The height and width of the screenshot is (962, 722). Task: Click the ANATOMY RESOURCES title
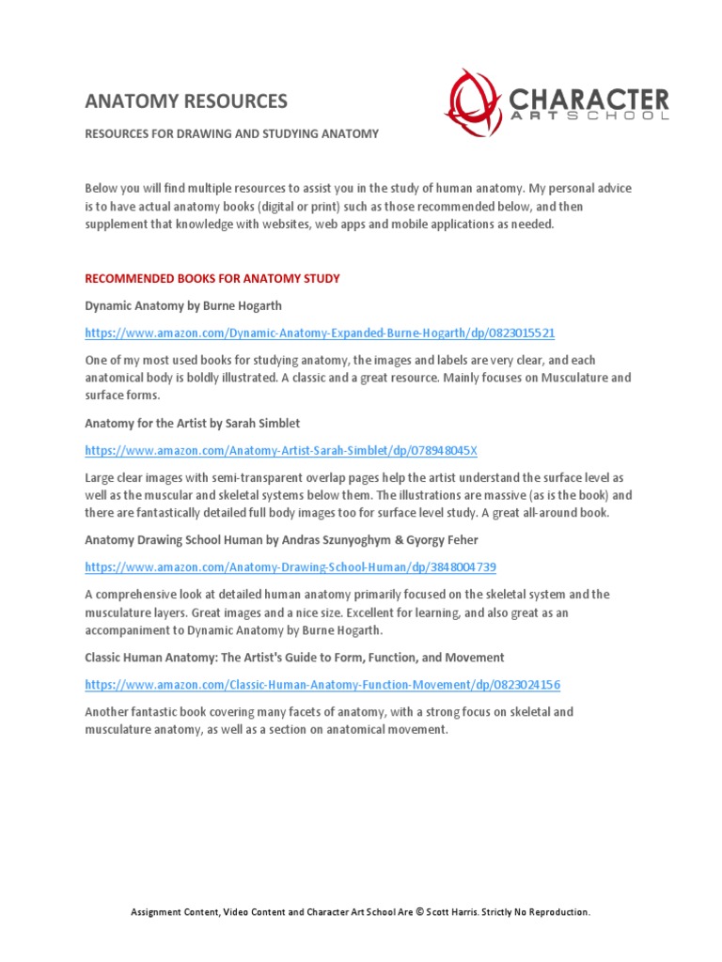pyautogui.click(x=186, y=101)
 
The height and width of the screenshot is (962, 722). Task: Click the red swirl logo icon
pyautogui.click(x=474, y=102)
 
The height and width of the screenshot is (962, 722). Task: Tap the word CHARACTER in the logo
pyautogui.click(x=589, y=98)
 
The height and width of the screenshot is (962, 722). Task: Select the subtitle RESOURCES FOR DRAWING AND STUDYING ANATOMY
pyautogui.click(x=232, y=134)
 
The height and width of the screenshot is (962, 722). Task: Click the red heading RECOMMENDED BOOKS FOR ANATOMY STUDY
pyautogui.click(x=212, y=279)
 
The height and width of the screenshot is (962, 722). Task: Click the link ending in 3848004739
pyautogui.click(x=290, y=567)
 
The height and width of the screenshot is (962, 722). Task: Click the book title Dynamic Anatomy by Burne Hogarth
pyautogui.click(x=183, y=305)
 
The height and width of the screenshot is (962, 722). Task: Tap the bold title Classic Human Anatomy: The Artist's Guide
pyautogui.click(x=294, y=658)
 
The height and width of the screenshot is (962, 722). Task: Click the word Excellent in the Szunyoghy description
pyautogui.click(x=376, y=613)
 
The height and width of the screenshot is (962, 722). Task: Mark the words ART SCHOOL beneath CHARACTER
pyautogui.click(x=589, y=116)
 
